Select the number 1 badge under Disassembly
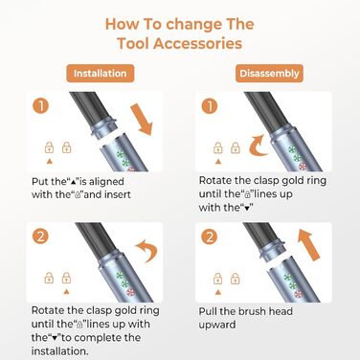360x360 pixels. [212, 108]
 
